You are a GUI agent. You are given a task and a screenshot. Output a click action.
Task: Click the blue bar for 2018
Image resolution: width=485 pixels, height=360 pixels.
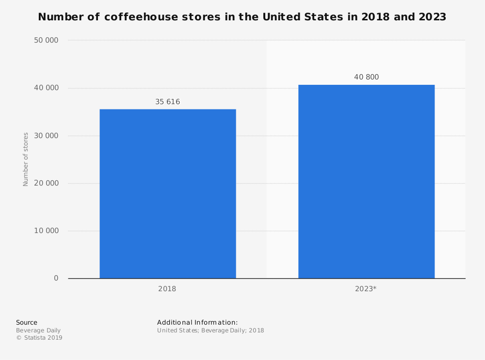[168, 194]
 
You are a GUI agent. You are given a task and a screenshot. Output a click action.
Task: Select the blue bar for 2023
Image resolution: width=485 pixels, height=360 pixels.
[366, 182]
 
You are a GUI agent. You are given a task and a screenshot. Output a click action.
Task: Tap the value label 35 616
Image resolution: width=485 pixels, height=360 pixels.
[167, 102]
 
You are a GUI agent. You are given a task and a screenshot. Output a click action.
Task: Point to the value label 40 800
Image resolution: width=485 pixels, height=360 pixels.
[366, 77]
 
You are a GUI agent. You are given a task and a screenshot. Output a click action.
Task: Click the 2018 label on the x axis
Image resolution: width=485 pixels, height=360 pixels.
[167, 289]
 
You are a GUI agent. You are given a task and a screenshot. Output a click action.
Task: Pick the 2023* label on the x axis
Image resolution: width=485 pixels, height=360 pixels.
[366, 289]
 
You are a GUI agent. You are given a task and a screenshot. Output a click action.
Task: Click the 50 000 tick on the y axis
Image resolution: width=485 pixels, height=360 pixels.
[46, 40]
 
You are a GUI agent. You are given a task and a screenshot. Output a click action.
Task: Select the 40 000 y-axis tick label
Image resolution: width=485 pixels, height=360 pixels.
[46, 88]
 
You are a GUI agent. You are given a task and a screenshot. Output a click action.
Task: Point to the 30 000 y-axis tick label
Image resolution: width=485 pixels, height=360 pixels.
[46, 136]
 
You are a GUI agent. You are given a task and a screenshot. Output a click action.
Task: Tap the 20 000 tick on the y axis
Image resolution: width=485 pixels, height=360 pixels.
[46, 183]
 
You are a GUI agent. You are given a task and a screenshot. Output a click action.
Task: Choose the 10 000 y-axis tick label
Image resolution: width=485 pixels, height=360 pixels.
[46, 231]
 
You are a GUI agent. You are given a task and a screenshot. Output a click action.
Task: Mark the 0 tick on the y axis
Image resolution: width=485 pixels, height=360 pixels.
[56, 278]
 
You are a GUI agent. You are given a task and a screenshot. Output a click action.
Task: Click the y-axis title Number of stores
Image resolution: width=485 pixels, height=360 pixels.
[26, 159]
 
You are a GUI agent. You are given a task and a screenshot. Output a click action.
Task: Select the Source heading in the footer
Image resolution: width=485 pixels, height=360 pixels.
[27, 323]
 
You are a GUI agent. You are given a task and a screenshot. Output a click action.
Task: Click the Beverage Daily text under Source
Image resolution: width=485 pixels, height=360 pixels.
[38, 330]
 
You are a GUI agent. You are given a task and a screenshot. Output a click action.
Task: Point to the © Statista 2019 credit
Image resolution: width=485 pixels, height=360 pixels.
[39, 338]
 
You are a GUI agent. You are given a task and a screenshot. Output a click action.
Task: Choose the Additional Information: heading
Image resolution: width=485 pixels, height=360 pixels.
[197, 323]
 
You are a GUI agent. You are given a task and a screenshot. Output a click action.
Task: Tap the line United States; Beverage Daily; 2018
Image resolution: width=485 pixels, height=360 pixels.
[210, 330]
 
